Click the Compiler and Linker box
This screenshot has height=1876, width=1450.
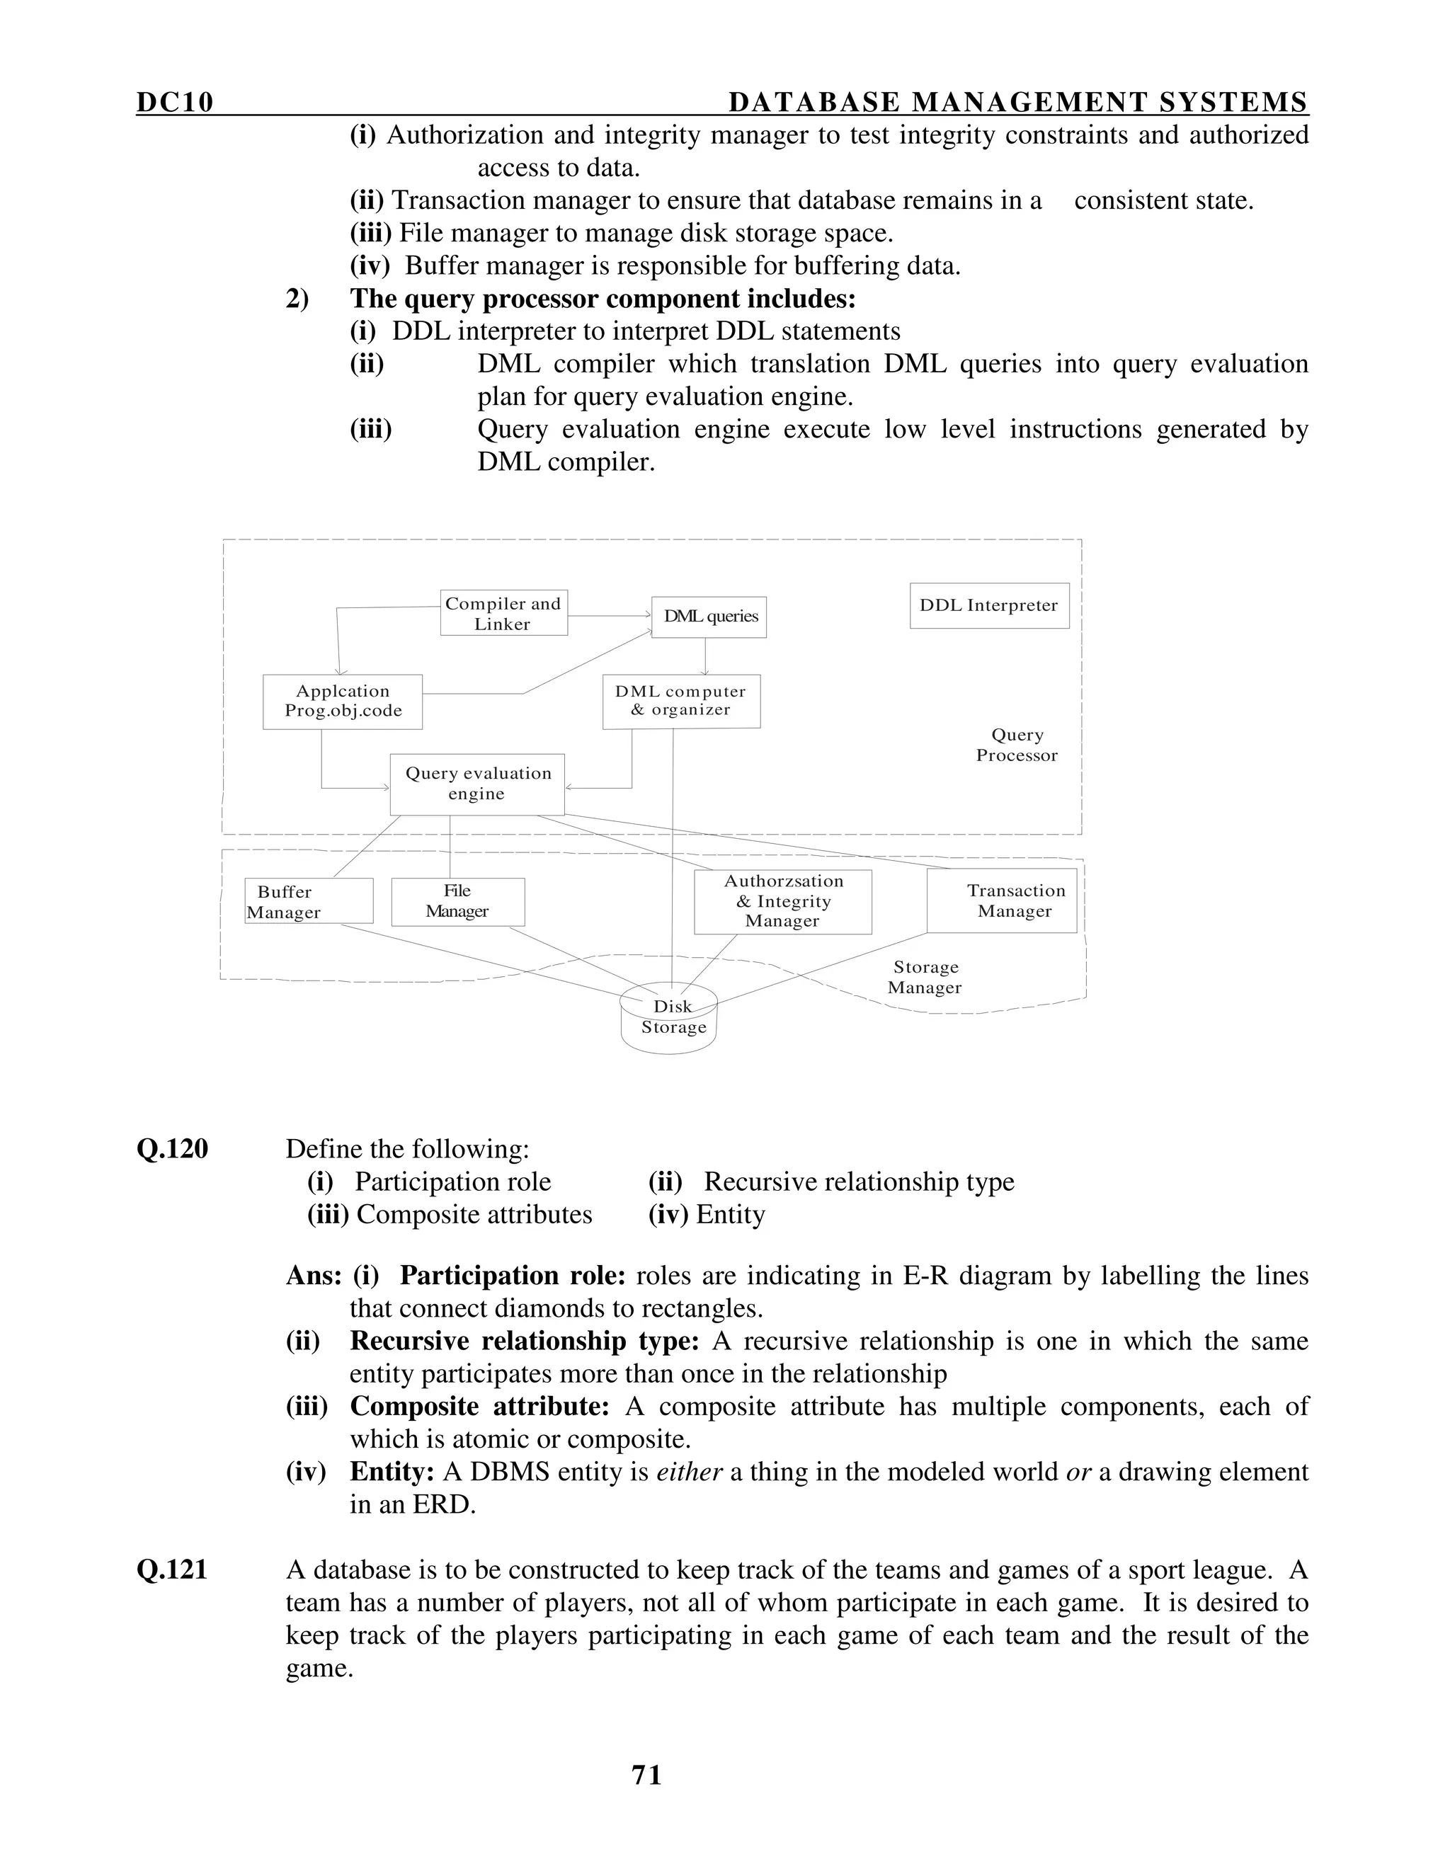click(x=503, y=613)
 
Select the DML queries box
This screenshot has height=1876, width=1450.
click(x=709, y=617)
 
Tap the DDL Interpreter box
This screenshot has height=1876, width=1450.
click(x=988, y=605)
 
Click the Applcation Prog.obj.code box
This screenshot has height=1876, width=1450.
click(x=342, y=702)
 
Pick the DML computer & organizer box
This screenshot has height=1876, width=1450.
click(x=680, y=701)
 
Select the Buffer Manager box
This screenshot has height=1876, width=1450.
click(x=309, y=901)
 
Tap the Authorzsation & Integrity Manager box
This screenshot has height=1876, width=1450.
click(x=782, y=902)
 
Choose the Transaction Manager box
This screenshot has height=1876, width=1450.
click(x=1002, y=901)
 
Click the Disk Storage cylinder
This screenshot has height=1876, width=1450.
click(x=669, y=1019)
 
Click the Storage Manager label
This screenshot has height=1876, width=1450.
click(x=924, y=978)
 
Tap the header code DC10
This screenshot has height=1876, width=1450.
click(x=174, y=103)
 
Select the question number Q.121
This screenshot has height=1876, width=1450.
click(x=172, y=1570)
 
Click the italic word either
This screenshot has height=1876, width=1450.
click(x=689, y=1472)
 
